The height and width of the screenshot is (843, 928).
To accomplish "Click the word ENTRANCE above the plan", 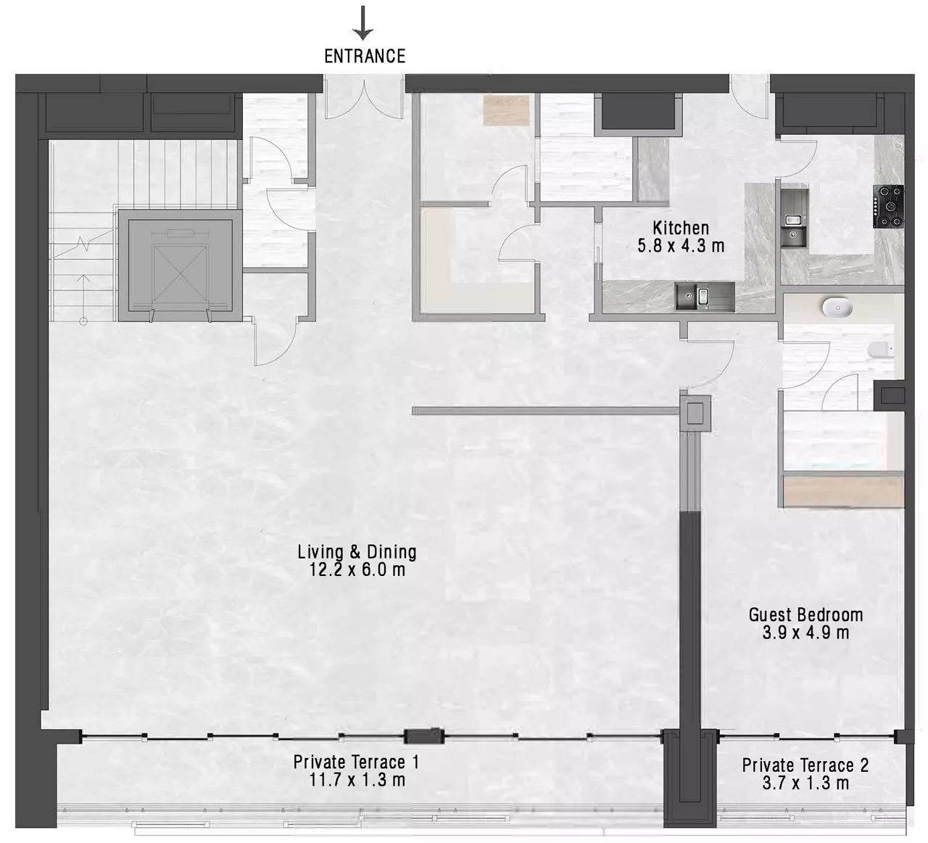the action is pyautogui.click(x=365, y=57).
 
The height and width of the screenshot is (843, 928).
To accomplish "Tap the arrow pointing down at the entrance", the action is pyautogui.click(x=362, y=22).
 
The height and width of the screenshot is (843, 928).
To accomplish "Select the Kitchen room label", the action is pyautogui.click(x=681, y=228).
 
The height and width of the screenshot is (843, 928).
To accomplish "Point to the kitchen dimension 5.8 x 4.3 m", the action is pyautogui.click(x=681, y=245).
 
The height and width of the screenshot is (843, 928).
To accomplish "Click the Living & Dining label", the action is pyautogui.click(x=357, y=552).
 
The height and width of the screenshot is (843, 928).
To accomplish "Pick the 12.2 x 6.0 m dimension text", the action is pyautogui.click(x=357, y=569).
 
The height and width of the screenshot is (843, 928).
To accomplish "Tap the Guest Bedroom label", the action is pyautogui.click(x=806, y=614).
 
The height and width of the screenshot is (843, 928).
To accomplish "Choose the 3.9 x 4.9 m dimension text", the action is pyautogui.click(x=806, y=633).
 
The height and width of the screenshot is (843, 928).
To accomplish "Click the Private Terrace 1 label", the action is pyautogui.click(x=356, y=762).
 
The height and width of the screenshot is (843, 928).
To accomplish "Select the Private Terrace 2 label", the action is pyautogui.click(x=805, y=765).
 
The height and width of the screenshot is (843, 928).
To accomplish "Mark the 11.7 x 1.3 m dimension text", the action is pyautogui.click(x=357, y=780).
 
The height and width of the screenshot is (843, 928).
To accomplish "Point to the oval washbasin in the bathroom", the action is pyautogui.click(x=837, y=307).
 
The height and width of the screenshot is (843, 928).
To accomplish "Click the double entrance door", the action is pyautogui.click(x=364, y=99).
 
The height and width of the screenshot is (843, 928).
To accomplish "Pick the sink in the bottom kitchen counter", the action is pyautogui.click(x=705, y=296).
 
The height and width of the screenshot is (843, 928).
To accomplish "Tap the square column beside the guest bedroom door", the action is pyautogui.click(x=695, y=413).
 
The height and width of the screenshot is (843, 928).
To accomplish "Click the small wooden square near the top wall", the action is pyautogui.click(x=506, y=110).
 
